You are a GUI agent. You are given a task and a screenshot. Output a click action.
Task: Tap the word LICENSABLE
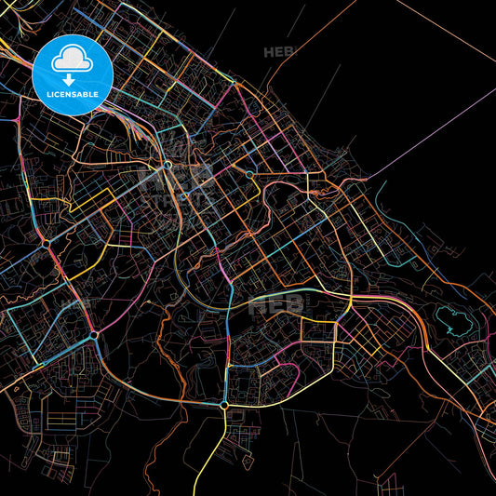[x=73, y=93]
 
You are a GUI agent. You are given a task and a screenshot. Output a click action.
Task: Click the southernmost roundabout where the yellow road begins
[x=223, y=406]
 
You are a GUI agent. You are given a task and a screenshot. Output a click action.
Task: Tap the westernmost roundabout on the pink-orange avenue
[x=46, y=244]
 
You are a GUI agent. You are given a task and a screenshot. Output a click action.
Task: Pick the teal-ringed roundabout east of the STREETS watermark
[x=249, y=174]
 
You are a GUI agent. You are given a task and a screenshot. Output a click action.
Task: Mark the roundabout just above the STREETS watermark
[x=168, y=166]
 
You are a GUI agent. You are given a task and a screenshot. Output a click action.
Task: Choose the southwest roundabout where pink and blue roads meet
[x=94, y=333]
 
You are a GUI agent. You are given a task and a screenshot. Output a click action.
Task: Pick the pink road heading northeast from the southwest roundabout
[x=121, y=307]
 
